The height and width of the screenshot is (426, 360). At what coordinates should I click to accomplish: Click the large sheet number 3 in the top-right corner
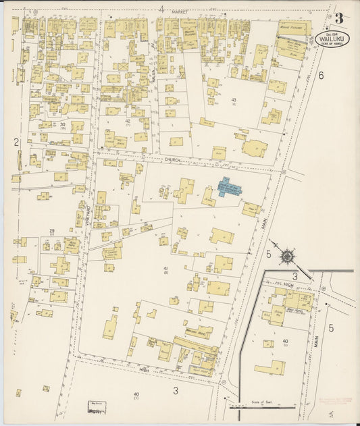click(338, 18)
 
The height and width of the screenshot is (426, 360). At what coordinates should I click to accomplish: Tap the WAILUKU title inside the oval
click(331, 39)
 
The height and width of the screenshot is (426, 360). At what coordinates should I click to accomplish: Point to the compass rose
click(288, 257)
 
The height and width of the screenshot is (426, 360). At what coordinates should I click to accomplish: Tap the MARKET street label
click(179, 12)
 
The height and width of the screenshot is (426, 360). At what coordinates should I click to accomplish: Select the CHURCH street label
click(174, 161)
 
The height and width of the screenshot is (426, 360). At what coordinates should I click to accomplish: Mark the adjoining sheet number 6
click(321, 76)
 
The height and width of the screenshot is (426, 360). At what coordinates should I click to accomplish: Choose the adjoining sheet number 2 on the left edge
click(15, 142)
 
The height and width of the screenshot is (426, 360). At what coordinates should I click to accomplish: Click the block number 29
click(51, 231)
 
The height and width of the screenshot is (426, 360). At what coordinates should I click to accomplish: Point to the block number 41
click(165, 269)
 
